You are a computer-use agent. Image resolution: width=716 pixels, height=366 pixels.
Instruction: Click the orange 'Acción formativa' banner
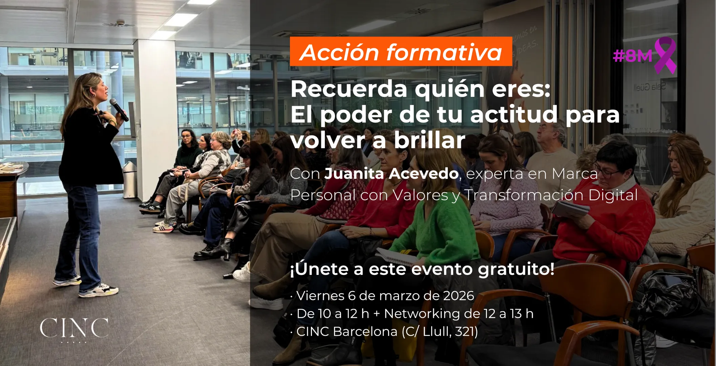401,52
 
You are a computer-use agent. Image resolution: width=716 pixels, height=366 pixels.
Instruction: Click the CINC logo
74,328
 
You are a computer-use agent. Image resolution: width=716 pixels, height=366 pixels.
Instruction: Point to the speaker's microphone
119,110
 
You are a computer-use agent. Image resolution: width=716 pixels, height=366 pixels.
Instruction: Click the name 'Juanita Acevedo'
392,174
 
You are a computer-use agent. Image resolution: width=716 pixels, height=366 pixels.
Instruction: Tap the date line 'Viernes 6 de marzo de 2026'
382,296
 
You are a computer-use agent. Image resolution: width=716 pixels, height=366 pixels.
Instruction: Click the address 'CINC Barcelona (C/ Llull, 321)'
384,331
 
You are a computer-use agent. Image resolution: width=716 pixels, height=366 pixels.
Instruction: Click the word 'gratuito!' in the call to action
516,269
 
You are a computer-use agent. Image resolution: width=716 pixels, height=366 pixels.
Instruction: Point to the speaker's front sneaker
99,291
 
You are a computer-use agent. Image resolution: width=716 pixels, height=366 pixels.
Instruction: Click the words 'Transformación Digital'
551,195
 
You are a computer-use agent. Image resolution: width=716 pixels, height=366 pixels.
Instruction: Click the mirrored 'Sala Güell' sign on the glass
650,87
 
